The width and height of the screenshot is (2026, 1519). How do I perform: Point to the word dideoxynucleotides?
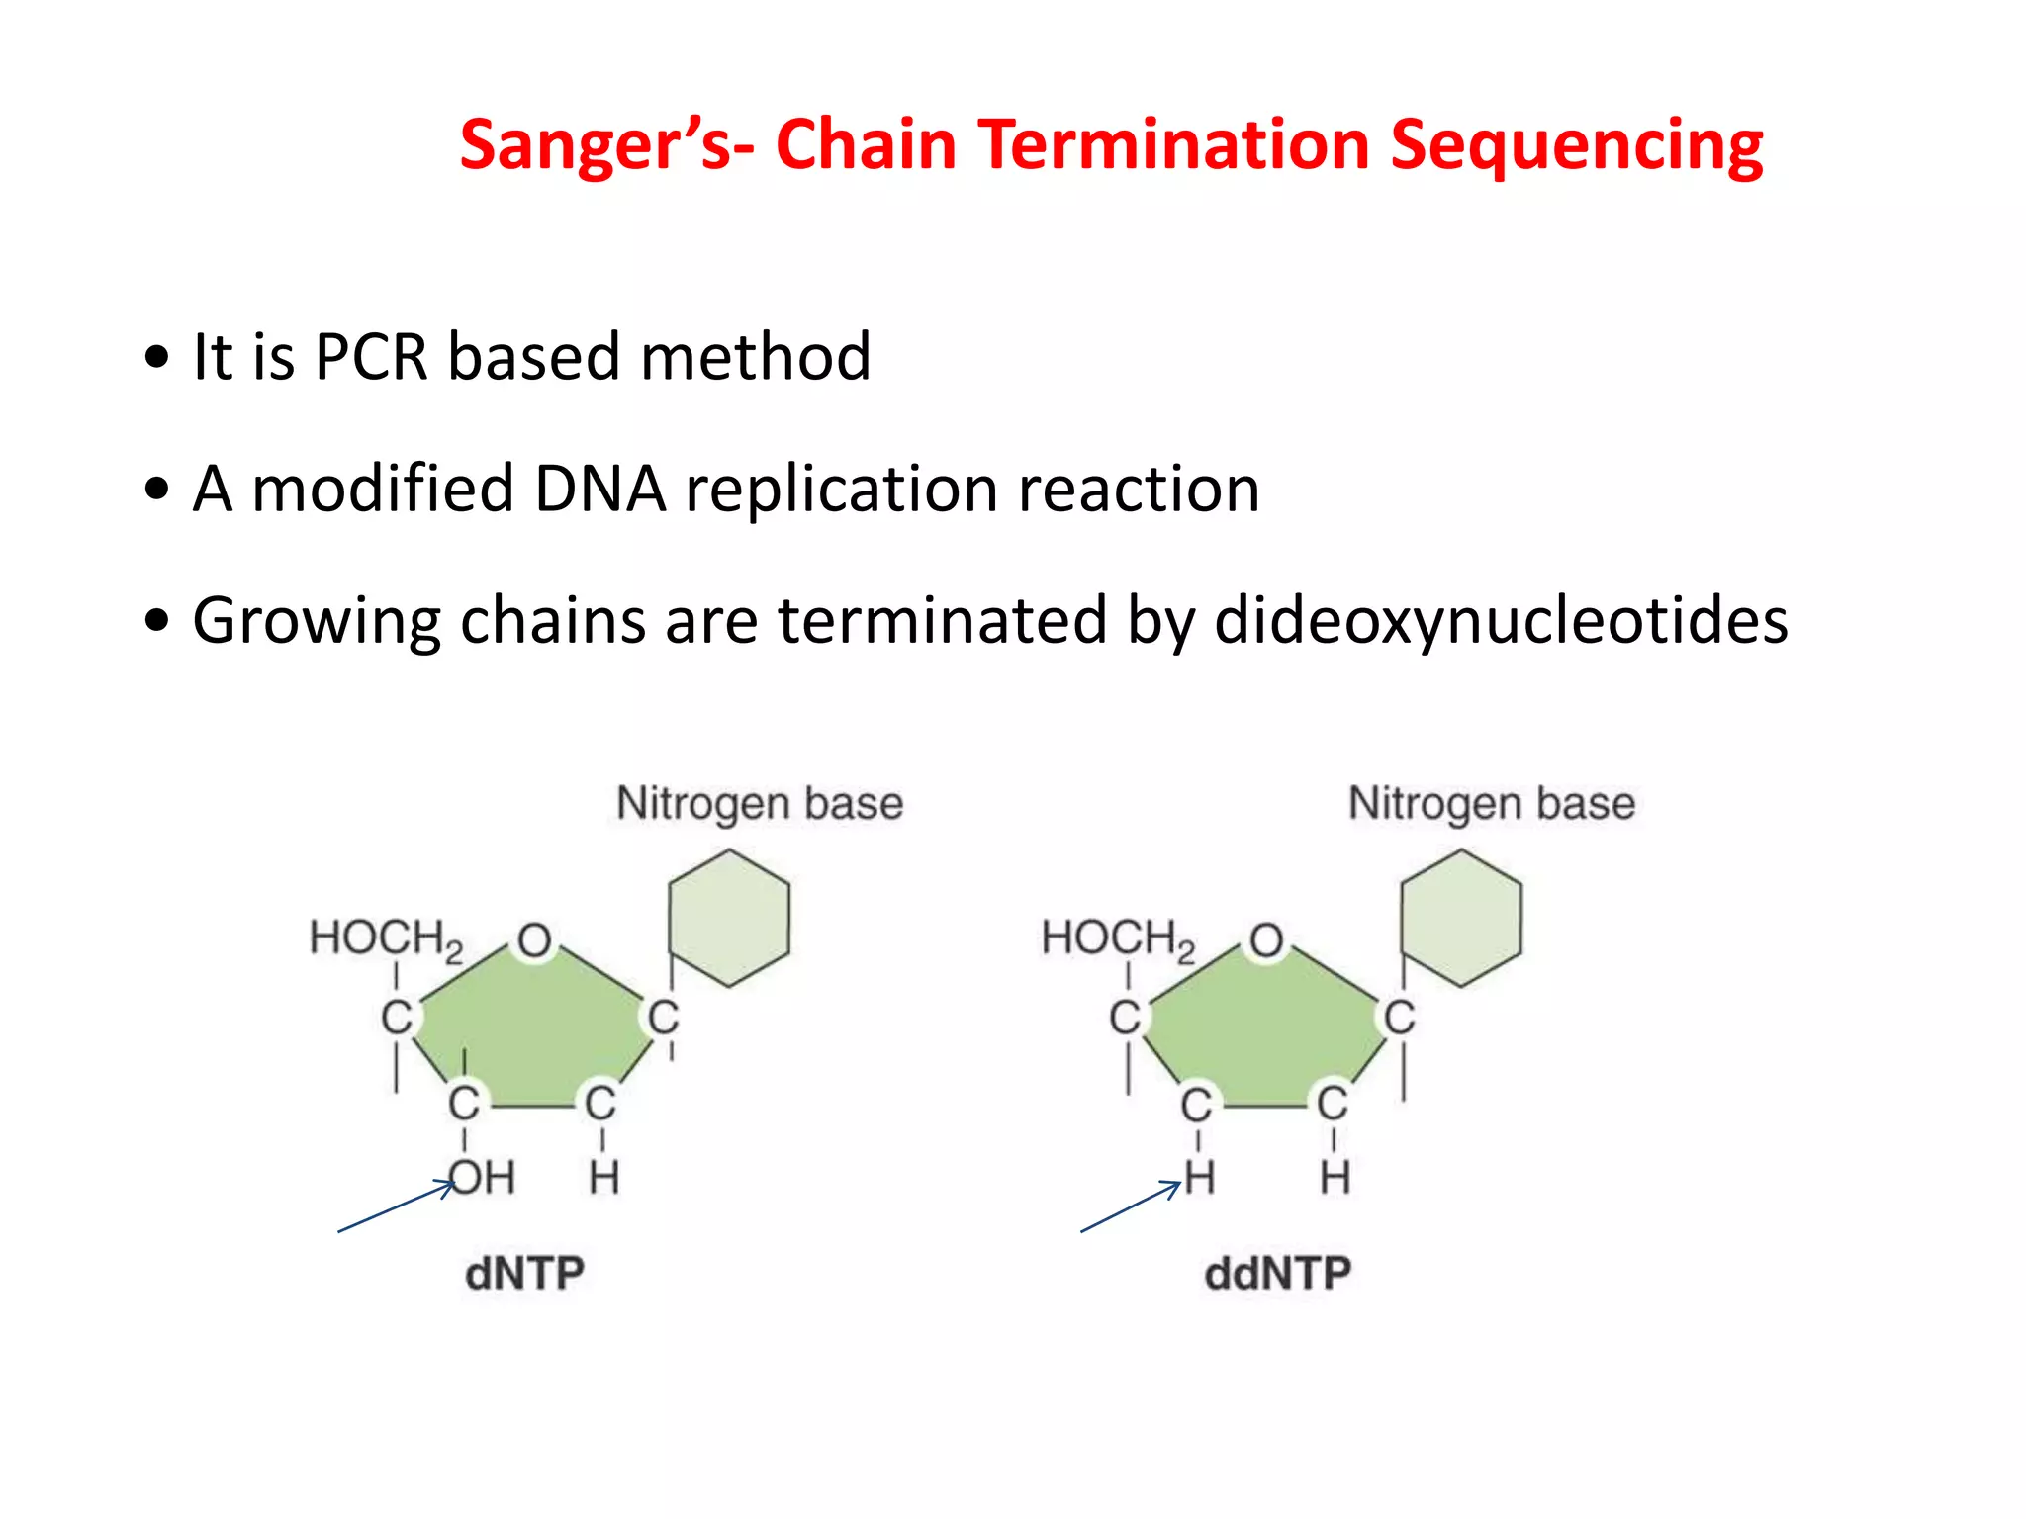pyautogui.click(x=1500, y=621)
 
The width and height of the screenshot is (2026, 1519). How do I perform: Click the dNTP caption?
pyautogui.click(x=524, y=1273)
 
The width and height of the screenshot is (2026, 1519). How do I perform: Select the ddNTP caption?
pyautogui.click(x=1277, y=1273)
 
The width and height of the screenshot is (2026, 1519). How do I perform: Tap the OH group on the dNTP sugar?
pyautogui.click(x=483, y=1178)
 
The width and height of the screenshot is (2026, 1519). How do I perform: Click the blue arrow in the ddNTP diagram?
pyautogui.click(x=1131, y=1207)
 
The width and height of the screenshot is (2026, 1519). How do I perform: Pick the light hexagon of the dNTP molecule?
pyautogui.click(x=729, y=918)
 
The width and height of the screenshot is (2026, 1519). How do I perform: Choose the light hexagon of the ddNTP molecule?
pyautogui.click(x=1461, y=918)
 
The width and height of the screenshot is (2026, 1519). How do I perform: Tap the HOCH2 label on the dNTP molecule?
pyautogui.click(x=386, y=938)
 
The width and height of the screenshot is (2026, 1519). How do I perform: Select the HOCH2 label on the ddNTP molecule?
pyautogui.click(x=1118, y=938)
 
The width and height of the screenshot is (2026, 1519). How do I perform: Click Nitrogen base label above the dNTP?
pyautogui.click(x=760, y=803)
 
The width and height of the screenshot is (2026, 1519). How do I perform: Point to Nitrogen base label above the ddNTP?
pyautogui.click(x=1492, y=803)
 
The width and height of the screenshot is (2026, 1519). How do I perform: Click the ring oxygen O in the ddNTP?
pyautogui.click(x=1266, y=940)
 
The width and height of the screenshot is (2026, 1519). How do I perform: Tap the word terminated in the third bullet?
pyautogui.click(x=942, y=621)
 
